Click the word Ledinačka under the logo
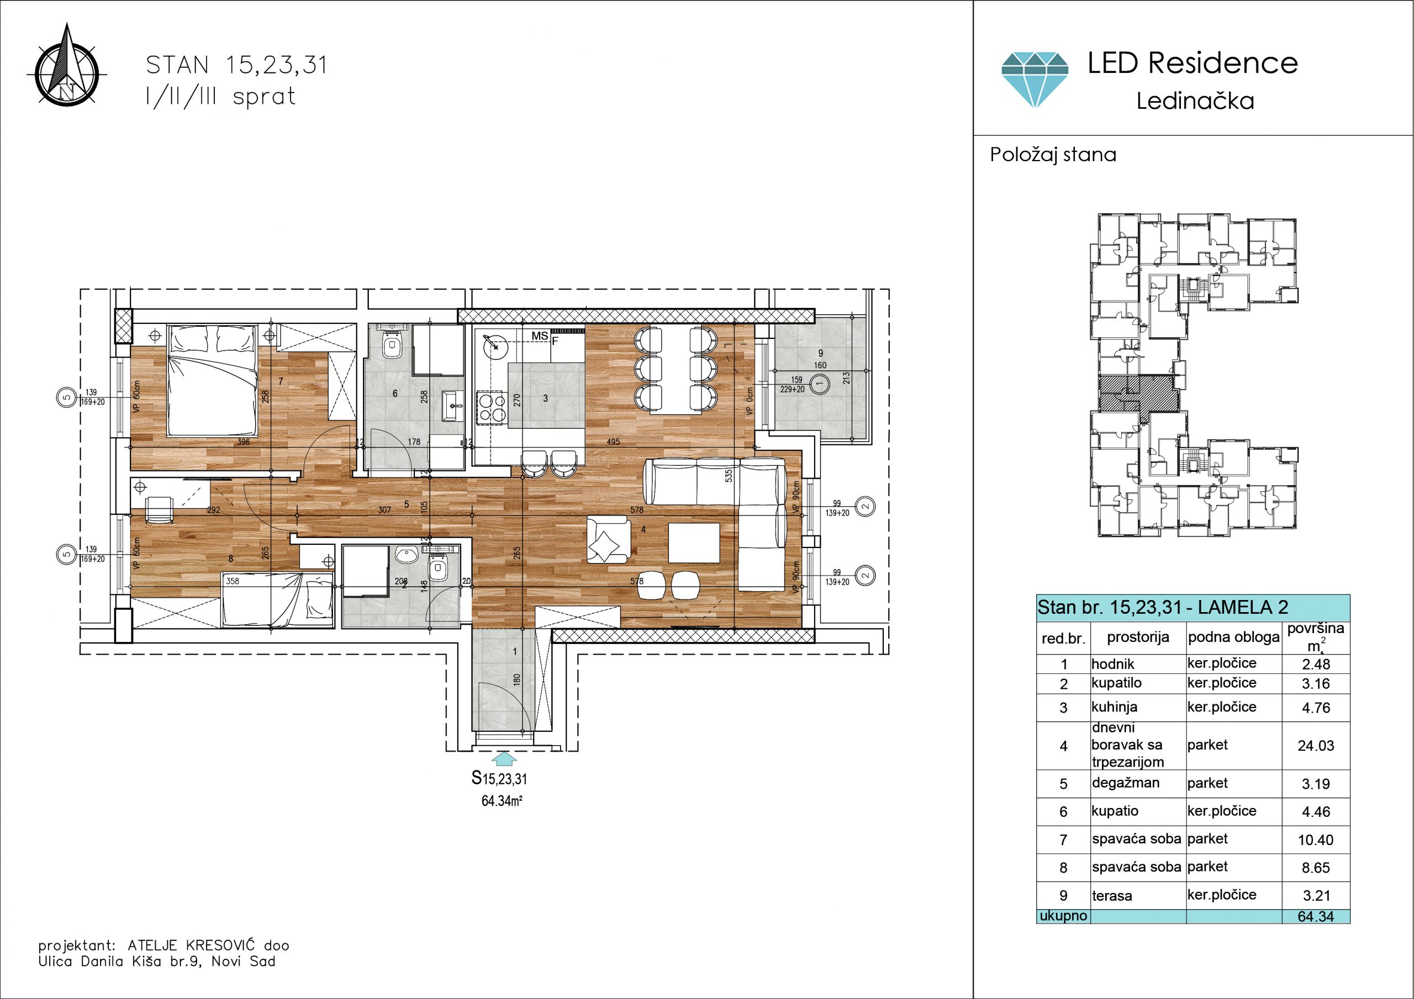1195,101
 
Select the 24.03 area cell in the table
1316,746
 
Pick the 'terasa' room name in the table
1112,896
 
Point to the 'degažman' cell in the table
1126,784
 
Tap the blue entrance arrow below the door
504,758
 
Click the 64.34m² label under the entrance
502,801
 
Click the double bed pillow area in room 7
213,338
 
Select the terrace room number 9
820,353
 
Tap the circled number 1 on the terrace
819,384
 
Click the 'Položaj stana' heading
1053,155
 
